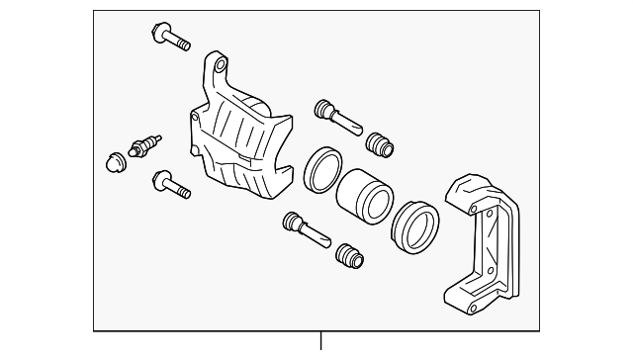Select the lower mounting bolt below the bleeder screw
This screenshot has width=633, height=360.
point(170,184)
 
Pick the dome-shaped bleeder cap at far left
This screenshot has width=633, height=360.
point(112,161)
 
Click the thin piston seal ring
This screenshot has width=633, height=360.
point(322,170)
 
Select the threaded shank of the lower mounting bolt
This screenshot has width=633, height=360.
point(181,189)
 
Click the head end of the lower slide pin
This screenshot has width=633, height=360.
point(291,220)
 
